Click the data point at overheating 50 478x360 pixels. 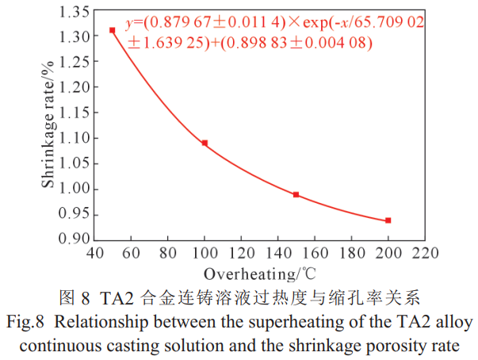point(113,30)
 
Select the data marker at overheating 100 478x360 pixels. point(205,143)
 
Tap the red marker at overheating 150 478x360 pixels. point(296,194)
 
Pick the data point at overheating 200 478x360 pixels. point(388,220)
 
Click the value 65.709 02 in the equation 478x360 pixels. point(392,25)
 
